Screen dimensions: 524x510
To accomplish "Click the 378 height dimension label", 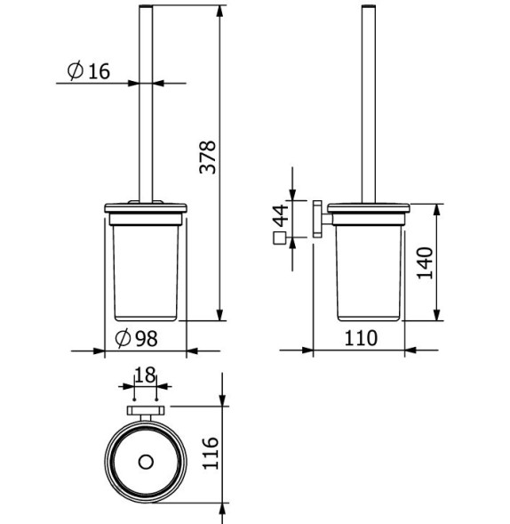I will click(207, 157).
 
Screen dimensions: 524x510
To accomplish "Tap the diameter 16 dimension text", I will click(88, 71).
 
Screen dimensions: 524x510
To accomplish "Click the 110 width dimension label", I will click(361, 338).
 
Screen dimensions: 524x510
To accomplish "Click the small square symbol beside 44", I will click(280, 238).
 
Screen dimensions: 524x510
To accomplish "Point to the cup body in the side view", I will click(366, 271).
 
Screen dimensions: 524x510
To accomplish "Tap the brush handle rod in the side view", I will click(366, 107).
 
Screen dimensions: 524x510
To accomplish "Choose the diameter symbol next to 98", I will click(124, 338).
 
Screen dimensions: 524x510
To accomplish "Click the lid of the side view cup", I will click(366, 211).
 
